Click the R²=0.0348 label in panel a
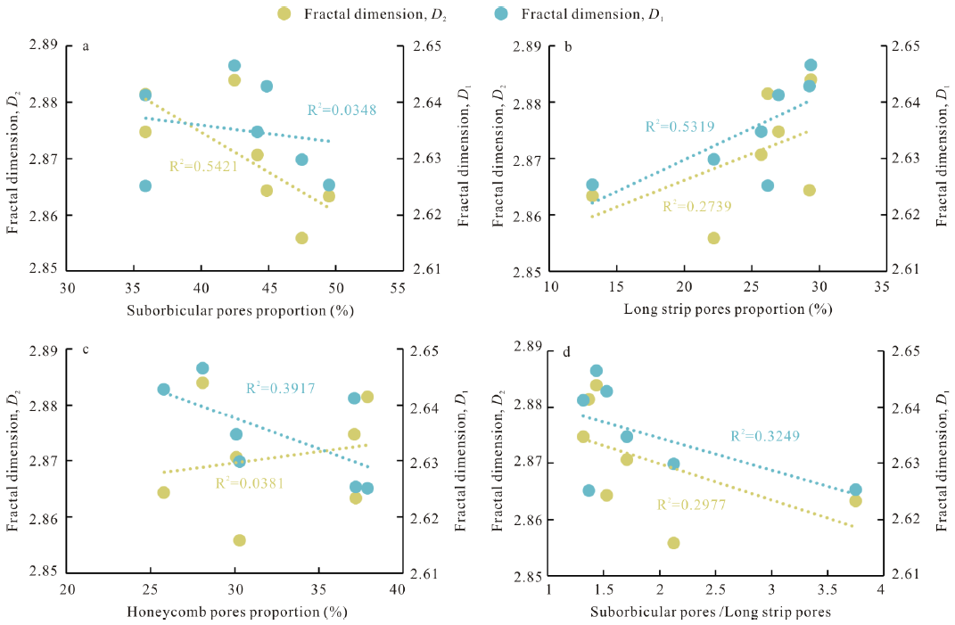click(x=342, y=111)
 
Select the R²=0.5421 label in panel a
click(x=204, y=166)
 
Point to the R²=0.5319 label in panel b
click(x=679, y=127)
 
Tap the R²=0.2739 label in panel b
click(x=696, y=207)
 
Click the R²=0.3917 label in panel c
click(x=281, y=388)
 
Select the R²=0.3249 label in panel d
click(x=765, y=436)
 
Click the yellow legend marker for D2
click(x=284, y=13)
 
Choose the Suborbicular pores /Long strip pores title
click(x=710, y=612)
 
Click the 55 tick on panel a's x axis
click(x=398, y=290)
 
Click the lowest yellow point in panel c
click(x=239, y=540)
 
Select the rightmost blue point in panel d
click(x=855, y=489)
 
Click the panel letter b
click(x=569, y=47)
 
